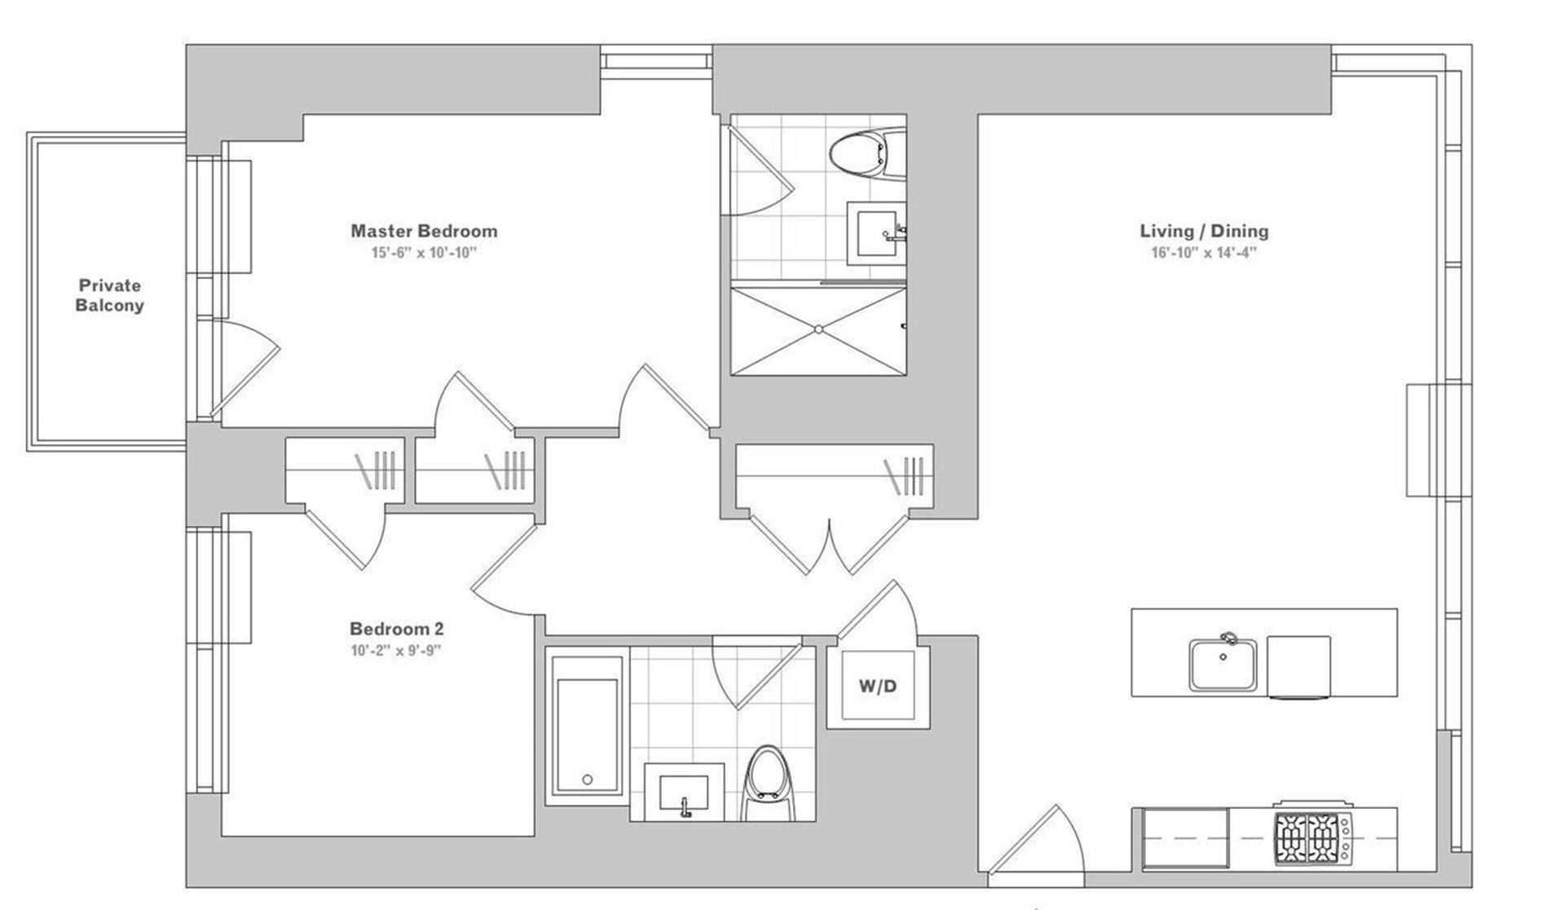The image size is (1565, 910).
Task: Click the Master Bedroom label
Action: coord(424,232)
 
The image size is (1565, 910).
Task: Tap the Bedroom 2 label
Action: coord(397,629)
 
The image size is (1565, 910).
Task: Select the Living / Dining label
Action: coord(1204,232)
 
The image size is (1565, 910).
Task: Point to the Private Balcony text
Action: coord(110,295)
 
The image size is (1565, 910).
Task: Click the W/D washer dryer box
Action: coord(878,686)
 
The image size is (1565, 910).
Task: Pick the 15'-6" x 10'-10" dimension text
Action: coord(424,253)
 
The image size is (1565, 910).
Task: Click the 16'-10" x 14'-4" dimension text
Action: coord(1204,253)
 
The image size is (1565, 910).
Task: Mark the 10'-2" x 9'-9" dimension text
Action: coord(397,651)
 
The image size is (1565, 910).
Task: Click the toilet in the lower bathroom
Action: coord(767,783)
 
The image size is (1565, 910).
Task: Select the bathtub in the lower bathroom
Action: coord(587,726)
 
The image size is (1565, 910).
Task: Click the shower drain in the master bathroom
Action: coord(818,329)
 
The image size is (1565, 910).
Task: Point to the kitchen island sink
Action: coord(1222,665)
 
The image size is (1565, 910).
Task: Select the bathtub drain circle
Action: coord(587,780)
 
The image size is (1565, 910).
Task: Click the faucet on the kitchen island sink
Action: coord(1228,638)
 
